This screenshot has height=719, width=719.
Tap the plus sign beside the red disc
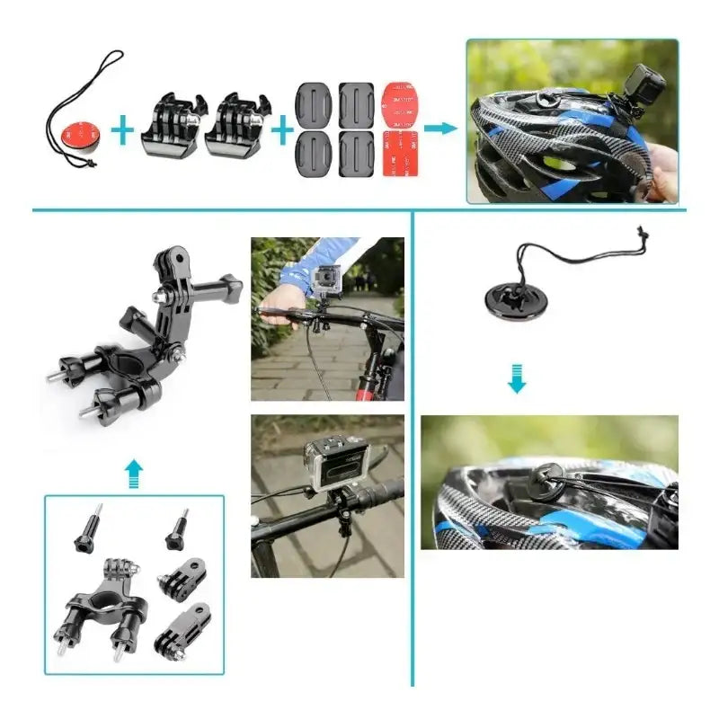pyautogui.click(x=122, y=132)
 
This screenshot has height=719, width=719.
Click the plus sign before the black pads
pyautogui.click(x=282, y=132)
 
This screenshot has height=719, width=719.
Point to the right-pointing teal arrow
pyautogui.click(x=439, y=129)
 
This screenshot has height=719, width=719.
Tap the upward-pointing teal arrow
pyautogui.click(x=133, y=470)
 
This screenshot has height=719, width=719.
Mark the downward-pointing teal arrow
pyautogui.click(x=516, y=380)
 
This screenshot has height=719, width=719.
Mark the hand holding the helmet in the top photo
pyautogui.click(x=663, y=171)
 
